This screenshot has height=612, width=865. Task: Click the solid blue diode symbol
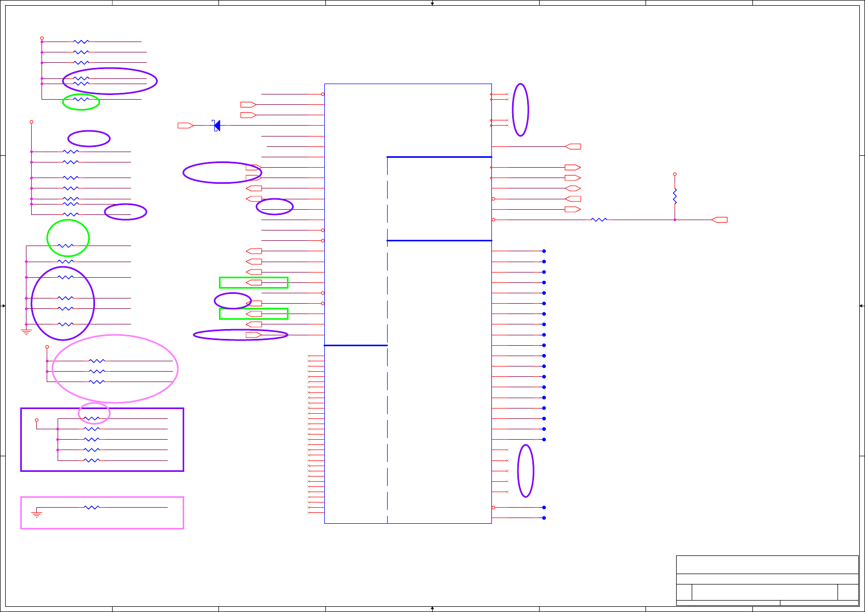[x=217, y=126]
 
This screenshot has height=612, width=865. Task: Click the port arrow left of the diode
[x=185, y=126]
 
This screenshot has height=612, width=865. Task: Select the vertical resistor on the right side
[x=675, y=196]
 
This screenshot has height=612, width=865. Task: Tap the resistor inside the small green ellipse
[x=81, y=99]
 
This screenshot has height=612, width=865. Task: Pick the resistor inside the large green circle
[x=65, y=246]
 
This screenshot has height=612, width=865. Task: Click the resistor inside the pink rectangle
[x=91, y=507]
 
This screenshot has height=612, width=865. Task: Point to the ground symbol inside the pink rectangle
[x=36, y=514]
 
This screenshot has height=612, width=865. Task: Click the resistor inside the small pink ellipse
[x=91, y=418]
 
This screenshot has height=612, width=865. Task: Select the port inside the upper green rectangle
[x=254, y=282]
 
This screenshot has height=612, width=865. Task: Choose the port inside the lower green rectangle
[x=254, y=314]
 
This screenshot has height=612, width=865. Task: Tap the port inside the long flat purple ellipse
[x=254, y=335]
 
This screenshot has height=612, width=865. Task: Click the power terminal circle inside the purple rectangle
[x=36, y=420]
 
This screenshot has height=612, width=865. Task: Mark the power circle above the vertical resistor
[x=675, y=174]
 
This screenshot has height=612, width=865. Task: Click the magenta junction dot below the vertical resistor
[x=675, y=220]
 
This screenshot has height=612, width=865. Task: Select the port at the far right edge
[x=719, y=220]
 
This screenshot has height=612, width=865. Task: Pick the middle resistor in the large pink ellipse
[x=97, y=371]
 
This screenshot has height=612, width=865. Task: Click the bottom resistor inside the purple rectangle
[x=91, y=460]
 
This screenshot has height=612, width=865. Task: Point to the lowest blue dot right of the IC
[x=544, y=518]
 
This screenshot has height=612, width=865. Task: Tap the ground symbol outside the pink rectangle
[x=26, y=331]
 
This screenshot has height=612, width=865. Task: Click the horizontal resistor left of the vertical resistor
[x=599, y=220]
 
